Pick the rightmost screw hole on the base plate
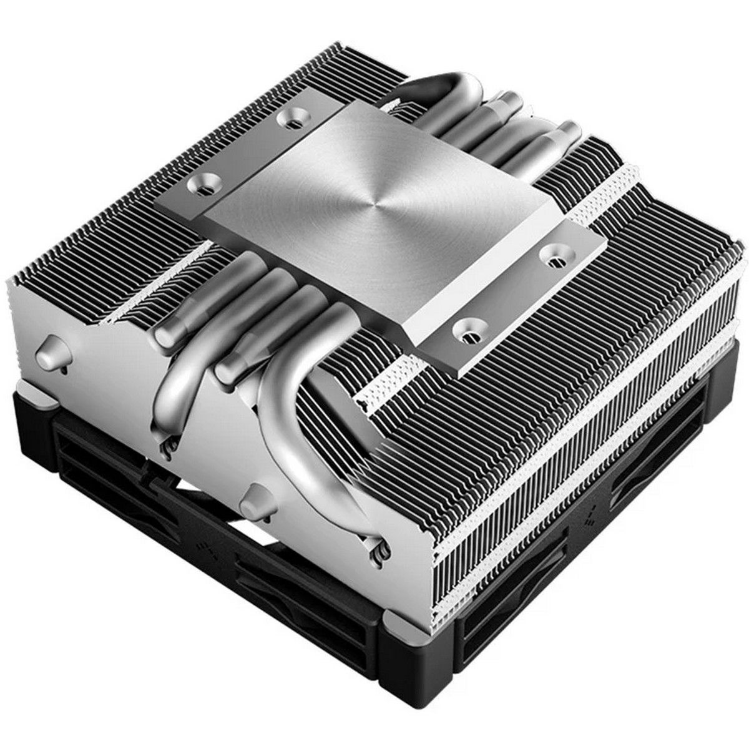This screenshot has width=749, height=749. [551, 250]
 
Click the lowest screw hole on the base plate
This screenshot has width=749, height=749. [466, 326]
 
